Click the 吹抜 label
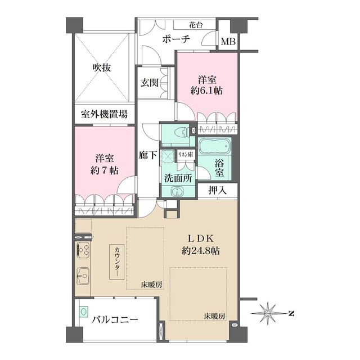(x=102, y=67)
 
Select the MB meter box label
(x=228, y=42)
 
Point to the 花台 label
(x=196, y=25)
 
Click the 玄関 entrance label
(x=150, y=83)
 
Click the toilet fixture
(x=179, y=133)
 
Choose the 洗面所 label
(x=178, y=178)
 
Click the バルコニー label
(x=115, y=319)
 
